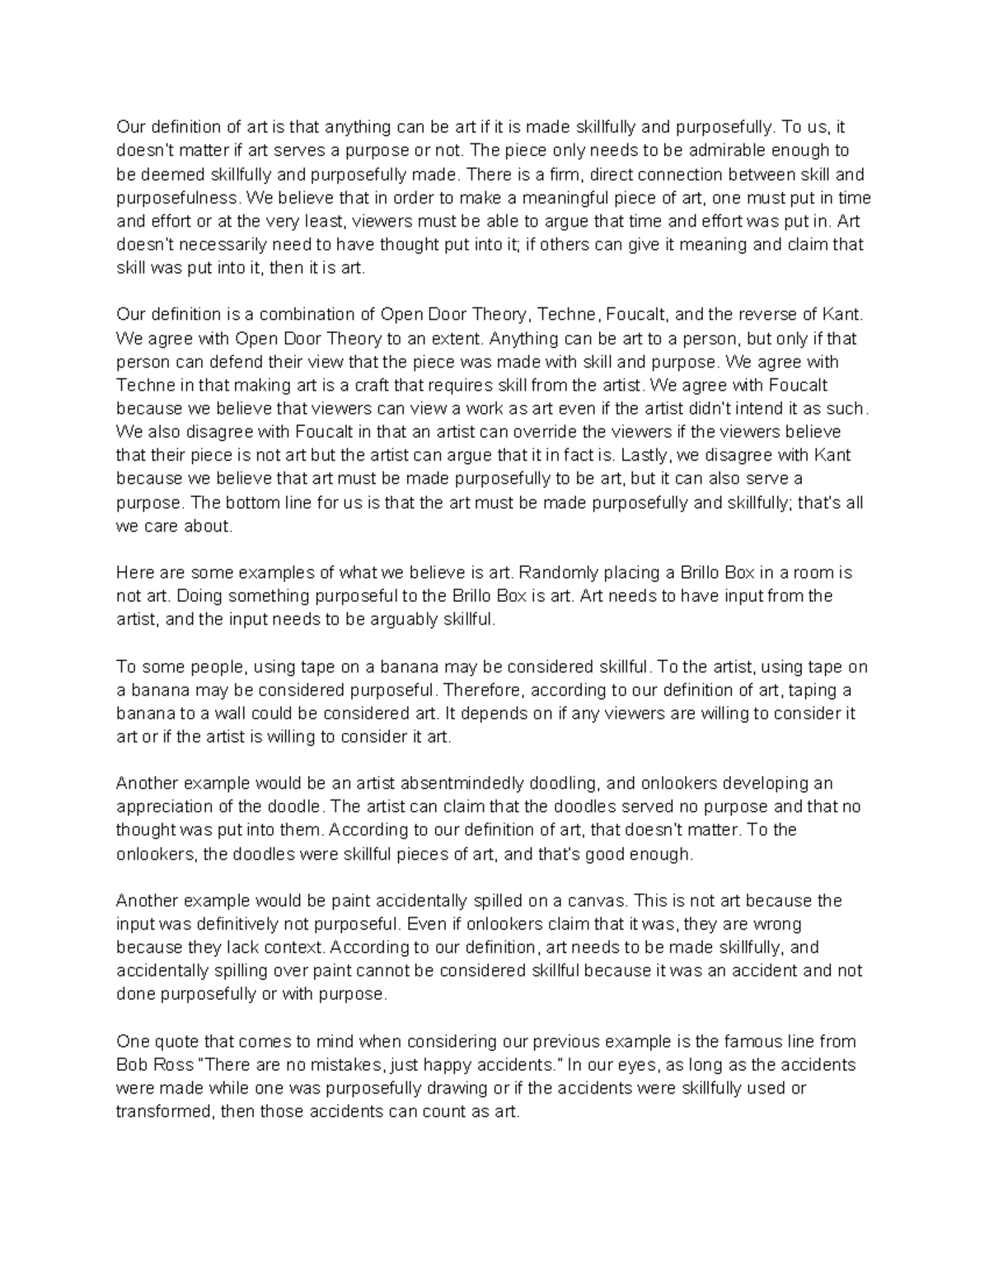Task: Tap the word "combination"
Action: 306,315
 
